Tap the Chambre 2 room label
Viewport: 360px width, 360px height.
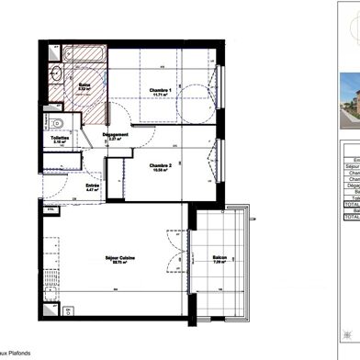(162, 166)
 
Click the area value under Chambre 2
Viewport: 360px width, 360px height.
(162, 172)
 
